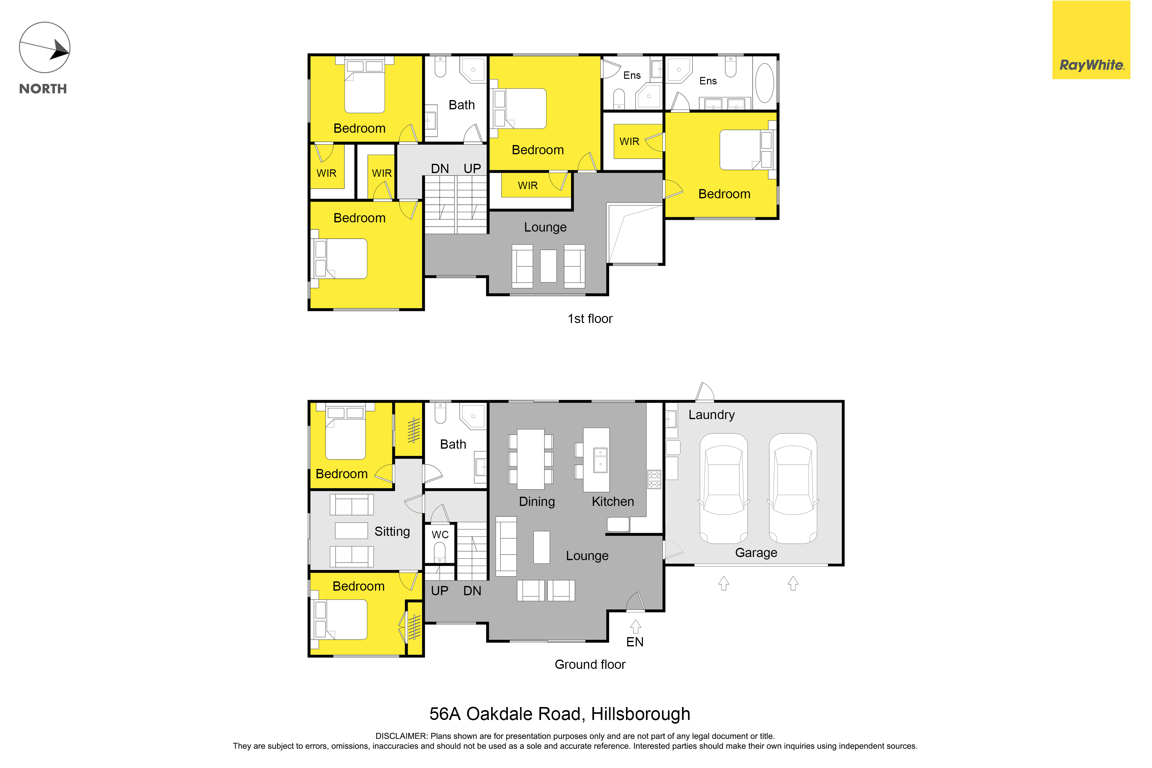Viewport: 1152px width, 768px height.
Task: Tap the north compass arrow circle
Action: tap(45, 47)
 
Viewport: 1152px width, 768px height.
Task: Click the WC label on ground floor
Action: tap(440, 535)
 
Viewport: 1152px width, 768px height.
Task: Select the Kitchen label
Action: tap(613, 502)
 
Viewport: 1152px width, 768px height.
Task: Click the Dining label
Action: tap(537, 502)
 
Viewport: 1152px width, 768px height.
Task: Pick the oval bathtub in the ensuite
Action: tap(765, 82)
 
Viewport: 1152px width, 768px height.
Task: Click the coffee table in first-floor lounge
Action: tap(548, 266)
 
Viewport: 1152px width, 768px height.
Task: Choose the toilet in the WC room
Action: tap(439, 552)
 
